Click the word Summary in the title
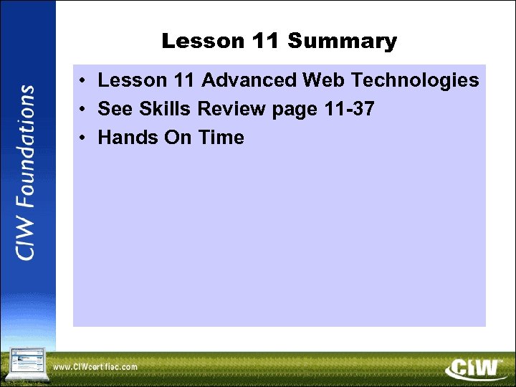click(x=342, y=42)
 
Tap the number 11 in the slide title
click(x=267, y=42)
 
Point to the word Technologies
click(x=416, y=80)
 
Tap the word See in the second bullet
click(x=115, y=109)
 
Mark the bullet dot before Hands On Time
click(x=84, y=138)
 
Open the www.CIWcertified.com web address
click(x=95, y=367)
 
